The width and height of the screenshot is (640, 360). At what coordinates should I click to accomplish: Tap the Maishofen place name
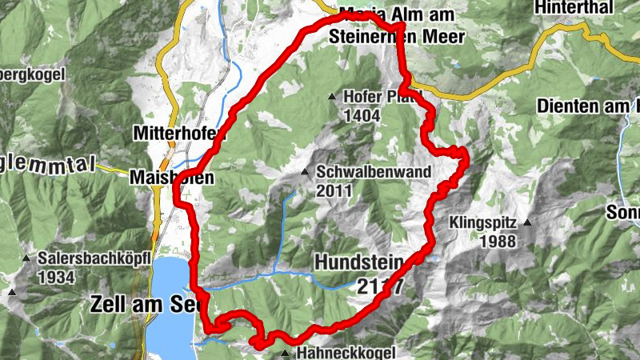171,179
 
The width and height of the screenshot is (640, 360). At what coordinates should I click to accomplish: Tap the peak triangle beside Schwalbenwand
304,172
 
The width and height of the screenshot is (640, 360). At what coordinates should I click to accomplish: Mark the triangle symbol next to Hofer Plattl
332,97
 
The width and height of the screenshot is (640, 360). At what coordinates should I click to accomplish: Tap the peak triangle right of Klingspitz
528,222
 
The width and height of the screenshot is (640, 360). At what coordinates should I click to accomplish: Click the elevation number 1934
60,278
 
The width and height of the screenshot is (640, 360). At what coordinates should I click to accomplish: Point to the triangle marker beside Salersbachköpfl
27,258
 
